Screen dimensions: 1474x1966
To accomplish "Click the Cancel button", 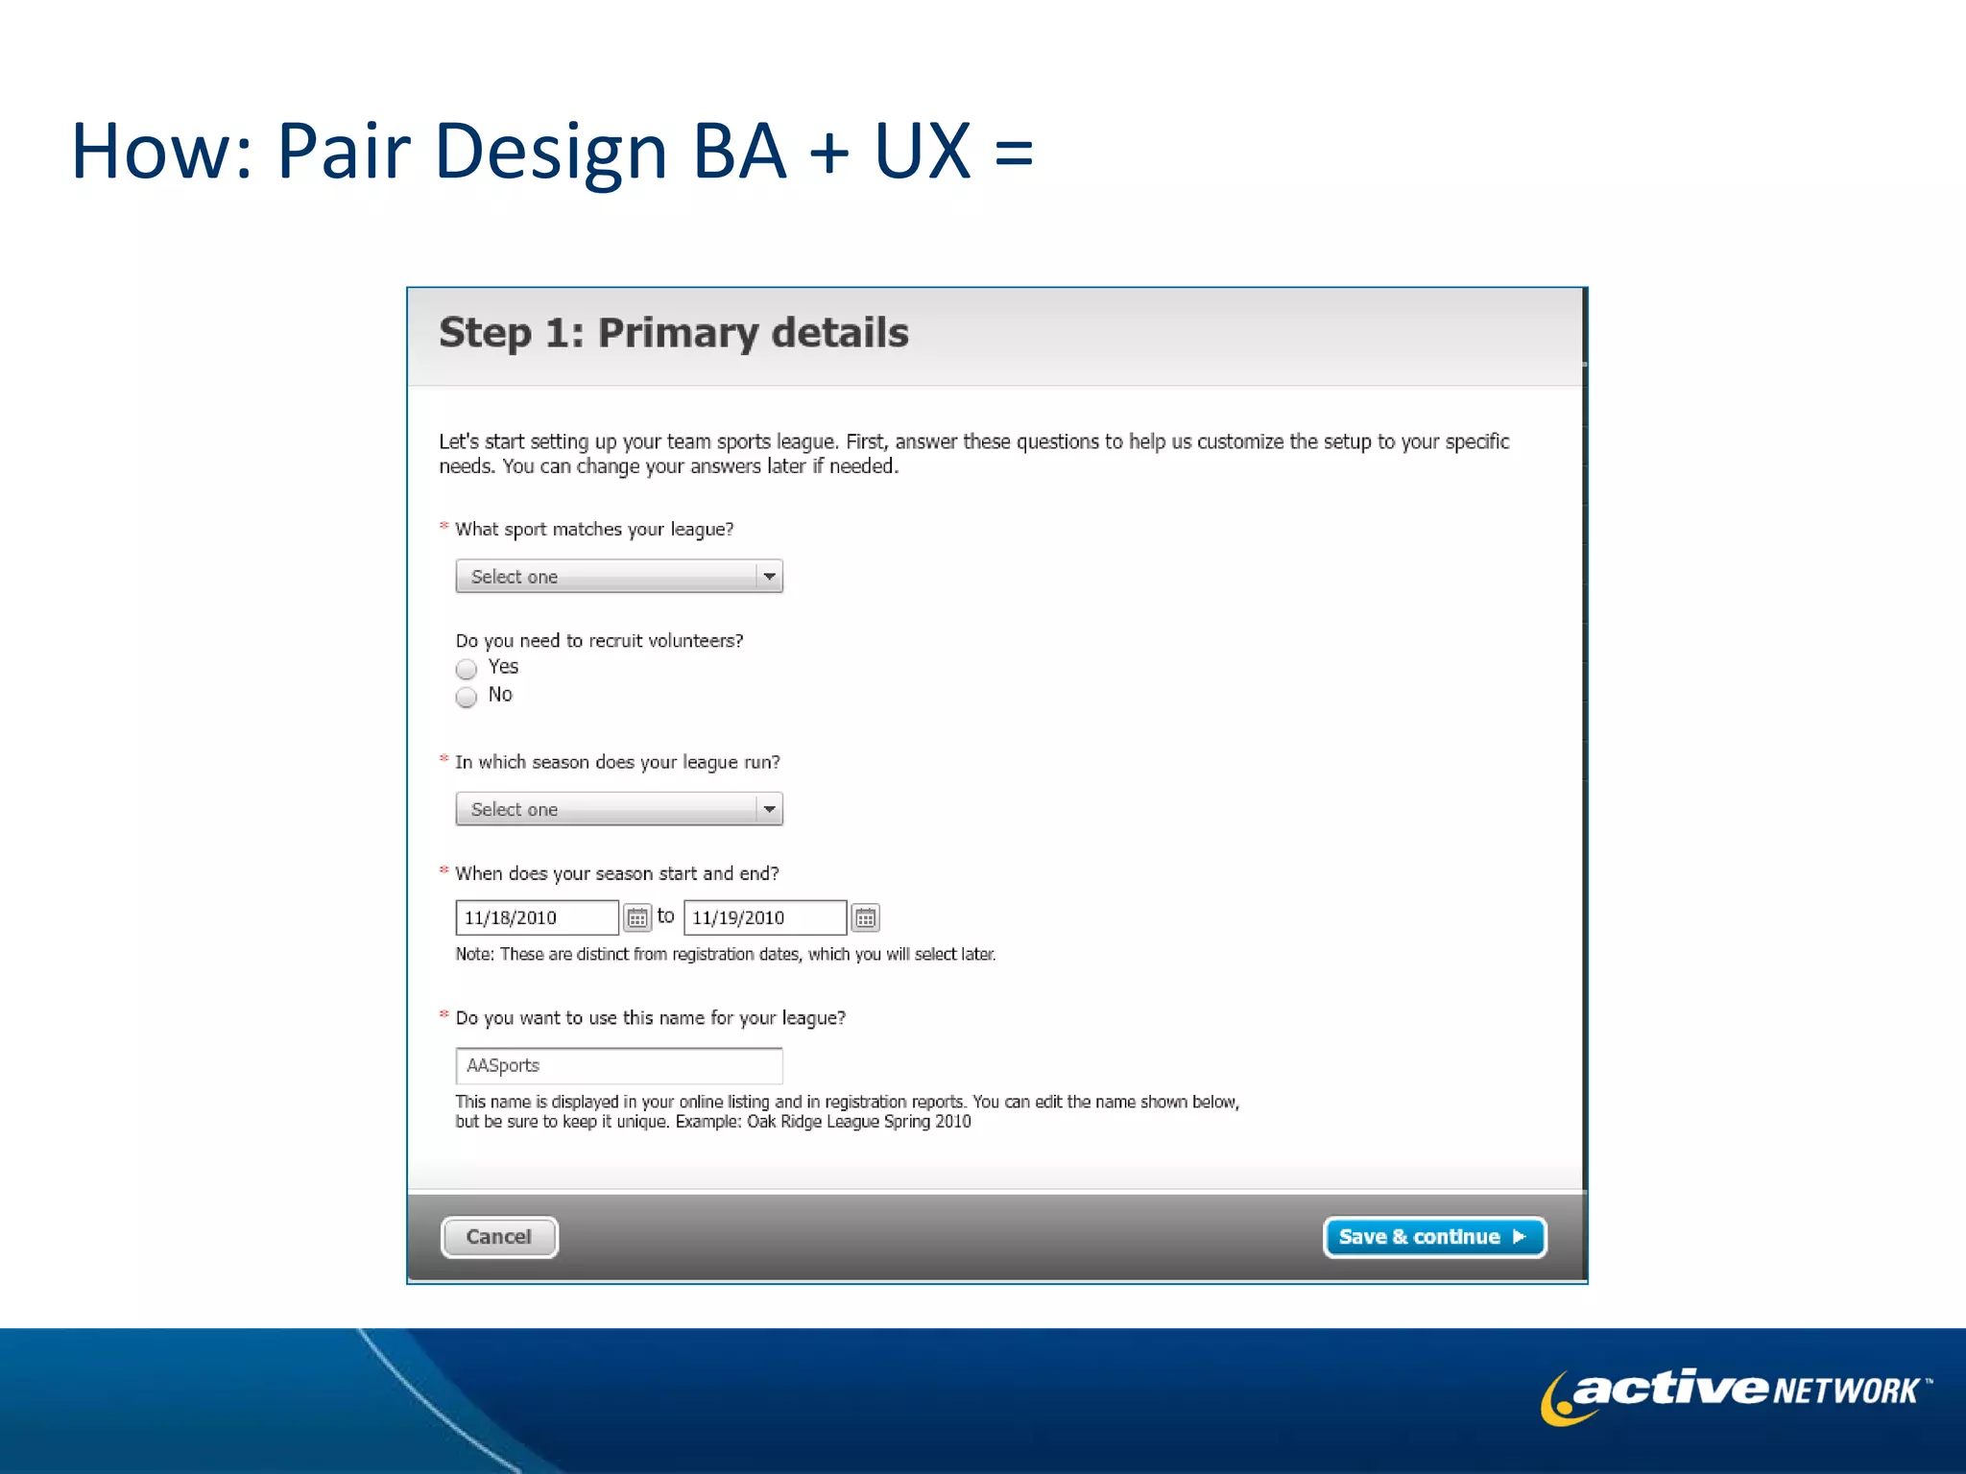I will pyautogui.click(x=499, y=1237).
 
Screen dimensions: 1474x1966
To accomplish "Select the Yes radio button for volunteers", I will pyautogui.click(x=467, y=669).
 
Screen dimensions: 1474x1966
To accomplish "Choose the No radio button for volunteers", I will pyautogui.click(x=467, y=697).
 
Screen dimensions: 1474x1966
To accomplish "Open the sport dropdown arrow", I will pyautogui.click(x=769, y=577).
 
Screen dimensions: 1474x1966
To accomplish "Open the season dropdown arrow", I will pyautogui.click(x=769, y=810).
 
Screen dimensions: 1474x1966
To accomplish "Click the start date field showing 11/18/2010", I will pyautogui.click(x=536, y=917).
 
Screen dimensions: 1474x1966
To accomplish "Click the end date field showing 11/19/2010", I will pyautogui.click(x=764, y=917).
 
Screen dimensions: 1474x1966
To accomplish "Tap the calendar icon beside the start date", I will pyautogui.click(x=637, y=918).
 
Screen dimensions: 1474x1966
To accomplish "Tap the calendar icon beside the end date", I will pyautogui.click(x=865, y=918).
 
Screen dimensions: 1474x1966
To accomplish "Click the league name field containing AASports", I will pyautogui.click(x=618, y=1065).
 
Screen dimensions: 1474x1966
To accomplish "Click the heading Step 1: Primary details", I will pyautogui.click(x=674, y=333).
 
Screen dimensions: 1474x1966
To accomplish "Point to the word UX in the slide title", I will pyautogui.click(x=922, y=152).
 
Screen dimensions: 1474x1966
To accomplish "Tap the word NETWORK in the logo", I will pyautogui.click(x=1845, y=1391).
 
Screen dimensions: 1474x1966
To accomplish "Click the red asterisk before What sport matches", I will pyautogui.click(x=444, y=526).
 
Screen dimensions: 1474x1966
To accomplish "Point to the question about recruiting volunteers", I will pyautogui.click(x=599, y=641).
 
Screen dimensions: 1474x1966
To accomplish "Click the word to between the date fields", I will pyautogui.click(x=665, y=916).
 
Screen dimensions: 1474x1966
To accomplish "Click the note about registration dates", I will pyautogui.click(x=725, y=954).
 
